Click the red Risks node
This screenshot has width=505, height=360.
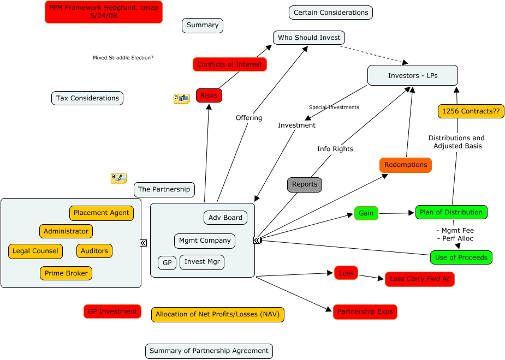tap(209, 95)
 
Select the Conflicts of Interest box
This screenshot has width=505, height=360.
tap(229, 64)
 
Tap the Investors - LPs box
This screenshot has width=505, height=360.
tap(412, 75)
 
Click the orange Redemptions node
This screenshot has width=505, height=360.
tap(405, 165)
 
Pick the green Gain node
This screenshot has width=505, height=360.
tap(366, 213)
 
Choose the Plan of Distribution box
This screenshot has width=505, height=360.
tap(451, 212)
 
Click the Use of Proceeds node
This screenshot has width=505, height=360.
tap(461, 257)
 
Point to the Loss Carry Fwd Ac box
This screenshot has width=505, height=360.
tap(419, 279)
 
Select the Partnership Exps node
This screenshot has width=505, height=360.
tap(365, 312)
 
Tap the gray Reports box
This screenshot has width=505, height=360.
tap(305, 184)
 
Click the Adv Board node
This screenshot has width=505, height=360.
tap(225, 218)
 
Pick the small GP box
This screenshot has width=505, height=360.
tap(167, 263)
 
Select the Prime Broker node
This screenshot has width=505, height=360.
tap(66, 273)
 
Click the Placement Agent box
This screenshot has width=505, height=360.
tap(102, 213)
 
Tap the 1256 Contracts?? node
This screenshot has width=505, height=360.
tap(471, 111)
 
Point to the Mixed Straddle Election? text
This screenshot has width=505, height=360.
tap(123, 58)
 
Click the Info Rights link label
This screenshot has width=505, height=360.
tap(335, 149)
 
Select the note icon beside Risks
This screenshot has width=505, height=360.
tap(181, 99)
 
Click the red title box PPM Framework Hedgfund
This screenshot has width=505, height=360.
tap(104, 12)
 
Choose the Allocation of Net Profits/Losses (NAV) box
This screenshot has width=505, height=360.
tap(217, 314)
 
